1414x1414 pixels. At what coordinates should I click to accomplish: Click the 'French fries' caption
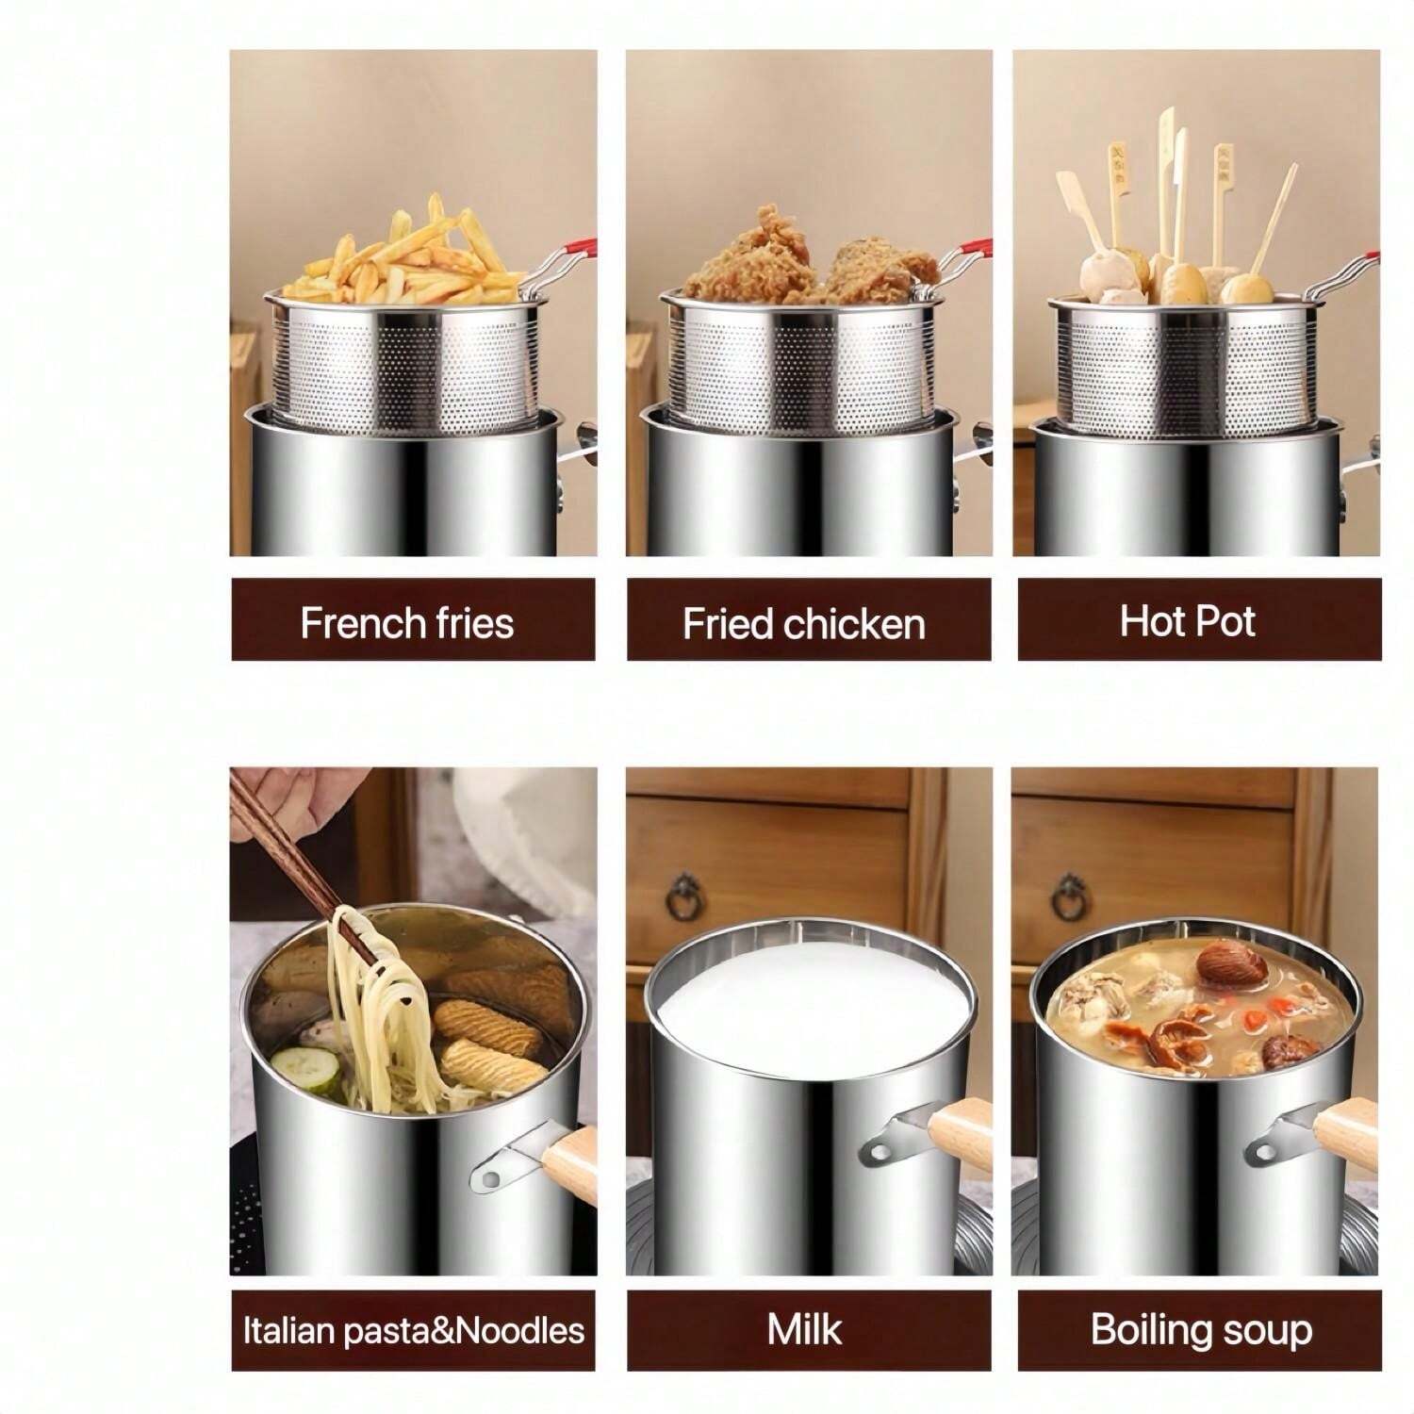407,622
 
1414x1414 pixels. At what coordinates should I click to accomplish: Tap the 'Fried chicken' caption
804,624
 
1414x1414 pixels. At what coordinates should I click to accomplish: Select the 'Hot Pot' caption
1188,621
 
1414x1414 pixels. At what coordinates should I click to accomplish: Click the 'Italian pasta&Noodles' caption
413,1330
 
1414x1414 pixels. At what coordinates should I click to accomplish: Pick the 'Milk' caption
804,1329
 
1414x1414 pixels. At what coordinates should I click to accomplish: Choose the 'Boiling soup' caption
1201,1329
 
